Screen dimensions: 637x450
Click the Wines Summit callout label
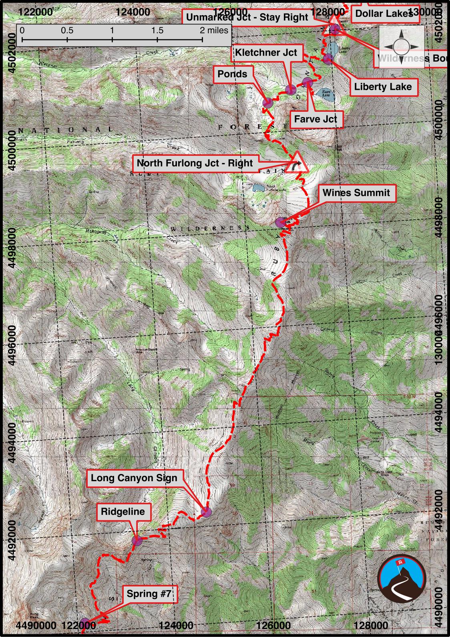[x=356, y=193]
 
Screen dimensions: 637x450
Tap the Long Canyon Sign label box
[x=134, y=478]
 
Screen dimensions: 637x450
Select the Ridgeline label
[x=123, y=512]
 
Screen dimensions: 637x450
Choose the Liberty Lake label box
[x=383, y=87]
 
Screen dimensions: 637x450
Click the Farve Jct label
[x=315, y=119]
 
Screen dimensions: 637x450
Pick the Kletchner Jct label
[x=266, y=52]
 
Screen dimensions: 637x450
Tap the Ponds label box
[x=232, y=74]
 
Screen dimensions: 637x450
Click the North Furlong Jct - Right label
[x=195, y=163]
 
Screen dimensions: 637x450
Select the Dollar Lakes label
[x=384, y=14]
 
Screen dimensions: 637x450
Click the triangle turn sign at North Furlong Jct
[x=297, y=163]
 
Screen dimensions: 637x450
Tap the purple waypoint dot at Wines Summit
[x=281, y=222]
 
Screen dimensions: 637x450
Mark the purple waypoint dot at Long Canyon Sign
[x=206, y=512]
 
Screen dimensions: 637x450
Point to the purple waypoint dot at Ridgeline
[x=137, y=541]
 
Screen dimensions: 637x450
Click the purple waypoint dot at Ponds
[x=268, y=102]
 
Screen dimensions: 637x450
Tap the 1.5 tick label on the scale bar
[x=157, y=30]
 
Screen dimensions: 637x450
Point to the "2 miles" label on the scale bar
[x=214, y=30]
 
